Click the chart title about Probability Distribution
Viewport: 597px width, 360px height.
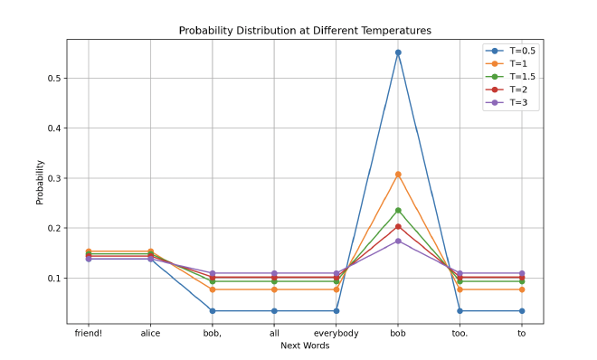click(x=305, y=31)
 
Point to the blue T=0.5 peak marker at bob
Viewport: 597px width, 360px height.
click(x=398, y=52)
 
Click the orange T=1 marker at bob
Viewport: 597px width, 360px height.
click(x=398, y=175)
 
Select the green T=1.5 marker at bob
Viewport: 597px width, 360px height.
click(x=398, y=211)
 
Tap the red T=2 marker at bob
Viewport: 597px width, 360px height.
click(x=398, y=226)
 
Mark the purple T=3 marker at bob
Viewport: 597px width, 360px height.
click(x=398, y=241)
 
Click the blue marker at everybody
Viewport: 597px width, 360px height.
click(x=336, y=311)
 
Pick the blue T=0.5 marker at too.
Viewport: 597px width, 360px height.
click(x=460, y=311)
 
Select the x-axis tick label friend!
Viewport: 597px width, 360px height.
click(x=88, y=334)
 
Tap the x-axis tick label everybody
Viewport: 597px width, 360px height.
click(x=336, y=334)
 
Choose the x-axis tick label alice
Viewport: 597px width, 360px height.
click(x=150, y=334)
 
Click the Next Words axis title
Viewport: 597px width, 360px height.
click(x=305, y=346)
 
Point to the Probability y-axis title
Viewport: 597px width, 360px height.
click(x=40, y=182)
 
